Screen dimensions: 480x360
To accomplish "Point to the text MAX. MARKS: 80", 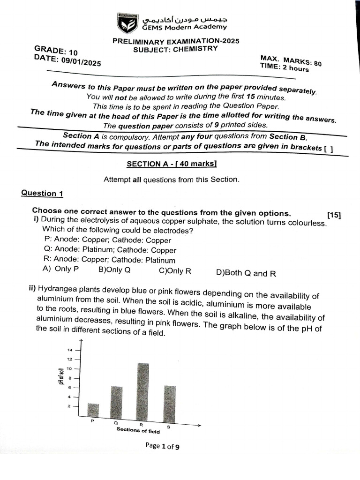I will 291,61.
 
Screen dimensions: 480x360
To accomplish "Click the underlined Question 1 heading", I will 42,193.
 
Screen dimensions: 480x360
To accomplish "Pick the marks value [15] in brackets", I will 334,215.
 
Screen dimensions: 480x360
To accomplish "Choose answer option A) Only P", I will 60,269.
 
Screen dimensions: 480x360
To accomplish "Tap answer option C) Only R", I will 175,271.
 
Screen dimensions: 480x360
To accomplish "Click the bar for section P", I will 93,410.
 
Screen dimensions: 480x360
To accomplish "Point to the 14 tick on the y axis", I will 70,350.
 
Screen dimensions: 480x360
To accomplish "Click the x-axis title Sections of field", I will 138,431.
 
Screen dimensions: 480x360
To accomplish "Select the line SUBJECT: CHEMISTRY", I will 175,49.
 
